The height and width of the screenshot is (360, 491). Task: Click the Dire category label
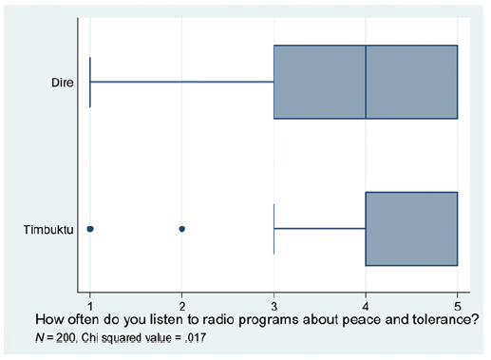[x=63, y=83]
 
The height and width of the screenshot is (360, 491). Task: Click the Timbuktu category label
[x=48, y=230]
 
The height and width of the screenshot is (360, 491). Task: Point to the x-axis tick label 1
[x=90, y=307]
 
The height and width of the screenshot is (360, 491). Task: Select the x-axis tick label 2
[x=182, y=307]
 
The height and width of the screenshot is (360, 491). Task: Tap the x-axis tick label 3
[x=274, y=307]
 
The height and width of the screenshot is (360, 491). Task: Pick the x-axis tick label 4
[x=366, y=307]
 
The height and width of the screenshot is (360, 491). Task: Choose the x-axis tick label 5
[x=458, y=307]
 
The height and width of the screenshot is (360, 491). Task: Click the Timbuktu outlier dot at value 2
[x=182, y=229]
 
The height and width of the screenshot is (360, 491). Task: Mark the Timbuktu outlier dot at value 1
[x=90, y=229]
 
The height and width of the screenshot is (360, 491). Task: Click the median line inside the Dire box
[x=366, y=82]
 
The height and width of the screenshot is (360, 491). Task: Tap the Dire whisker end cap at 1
[x=90, y=82]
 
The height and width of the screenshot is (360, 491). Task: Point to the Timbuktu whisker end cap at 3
[x=274, y=229]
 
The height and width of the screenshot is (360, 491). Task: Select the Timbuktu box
[x=411, y=229]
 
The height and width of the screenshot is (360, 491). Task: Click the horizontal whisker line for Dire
[x=182, y=82]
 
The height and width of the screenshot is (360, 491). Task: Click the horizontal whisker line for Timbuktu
[x=320, y=228]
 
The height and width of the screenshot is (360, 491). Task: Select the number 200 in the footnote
[x=66, y=338]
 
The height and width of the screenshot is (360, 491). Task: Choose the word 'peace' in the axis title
[x=327, y=320]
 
